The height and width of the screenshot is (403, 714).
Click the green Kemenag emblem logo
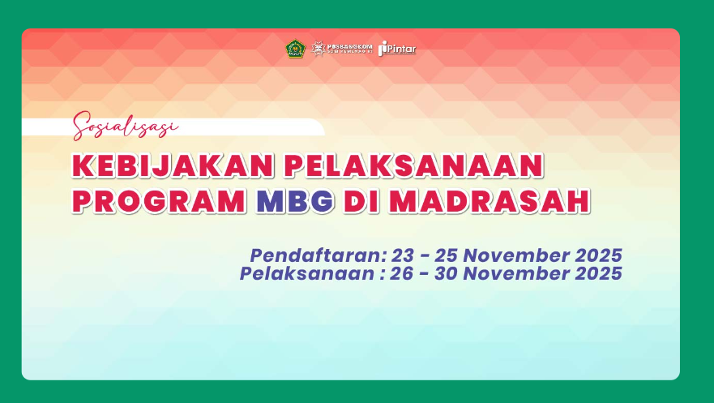point(295,49)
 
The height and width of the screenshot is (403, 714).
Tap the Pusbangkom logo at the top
point(342,49)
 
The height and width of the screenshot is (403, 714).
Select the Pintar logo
point(397,49)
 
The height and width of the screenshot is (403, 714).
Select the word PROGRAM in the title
point(159,201)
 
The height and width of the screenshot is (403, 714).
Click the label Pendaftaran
point(316,255)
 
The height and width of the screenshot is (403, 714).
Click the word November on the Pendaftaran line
point(523,255)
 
